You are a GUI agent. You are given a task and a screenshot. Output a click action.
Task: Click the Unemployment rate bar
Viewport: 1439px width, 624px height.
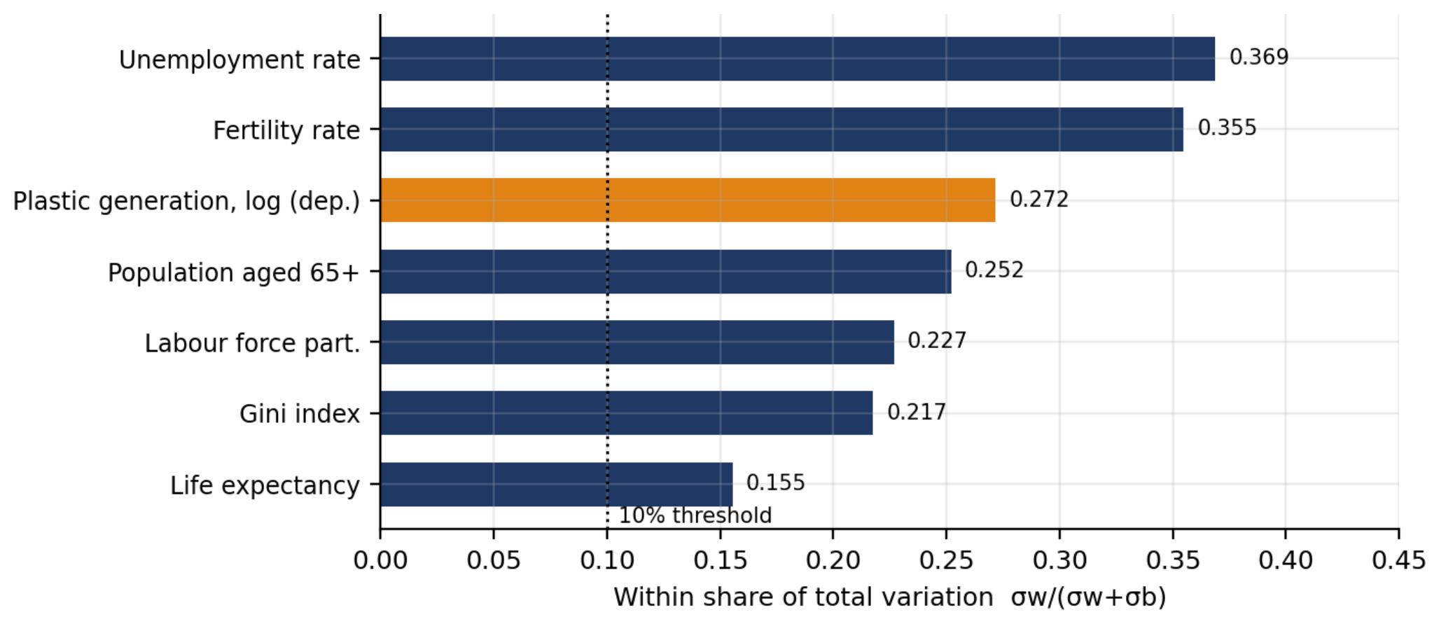[x=798, y=59]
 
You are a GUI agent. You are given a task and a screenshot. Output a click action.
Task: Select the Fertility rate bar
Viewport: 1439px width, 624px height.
[x=782, y=130]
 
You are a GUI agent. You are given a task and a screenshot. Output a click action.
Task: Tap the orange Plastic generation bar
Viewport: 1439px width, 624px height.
[x=688, y=200]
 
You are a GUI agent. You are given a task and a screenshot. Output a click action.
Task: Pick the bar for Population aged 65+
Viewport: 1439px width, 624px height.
[x=666, y=272]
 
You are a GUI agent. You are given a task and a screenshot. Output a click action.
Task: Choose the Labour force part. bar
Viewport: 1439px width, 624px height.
[x=637, y=342]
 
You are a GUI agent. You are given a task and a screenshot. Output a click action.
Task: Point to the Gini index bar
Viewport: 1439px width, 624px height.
[x=627, y=413]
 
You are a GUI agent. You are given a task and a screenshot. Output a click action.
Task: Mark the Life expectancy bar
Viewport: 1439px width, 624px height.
[x=557, y=484]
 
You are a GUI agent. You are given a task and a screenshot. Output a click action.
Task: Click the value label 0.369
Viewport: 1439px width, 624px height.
[x=1259, y=57]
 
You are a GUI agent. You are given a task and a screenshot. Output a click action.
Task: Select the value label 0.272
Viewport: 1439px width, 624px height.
[x=1039, y=199]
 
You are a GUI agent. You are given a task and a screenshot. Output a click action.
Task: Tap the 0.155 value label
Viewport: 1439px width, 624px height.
[x=776, y=483]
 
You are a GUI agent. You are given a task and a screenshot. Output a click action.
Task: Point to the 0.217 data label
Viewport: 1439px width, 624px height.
[x=917, y=412]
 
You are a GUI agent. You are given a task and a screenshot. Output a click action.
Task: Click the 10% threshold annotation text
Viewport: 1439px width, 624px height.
[x=695, y=515]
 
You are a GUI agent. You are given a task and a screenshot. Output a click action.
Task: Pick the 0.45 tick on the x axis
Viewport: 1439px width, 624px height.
[x=1398, y=560]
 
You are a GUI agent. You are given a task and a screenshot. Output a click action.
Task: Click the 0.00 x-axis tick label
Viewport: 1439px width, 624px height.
[x=380, y=560]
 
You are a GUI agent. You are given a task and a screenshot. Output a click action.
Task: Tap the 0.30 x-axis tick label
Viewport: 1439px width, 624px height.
[x=1059, y=560]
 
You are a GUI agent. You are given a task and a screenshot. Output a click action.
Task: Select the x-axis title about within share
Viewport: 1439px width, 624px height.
[x=890, y=597]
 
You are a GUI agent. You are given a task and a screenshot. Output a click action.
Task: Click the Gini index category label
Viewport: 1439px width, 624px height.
[x=300, y=414]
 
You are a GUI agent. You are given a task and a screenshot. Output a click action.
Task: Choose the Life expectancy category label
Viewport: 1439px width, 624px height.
[x=265, y=485]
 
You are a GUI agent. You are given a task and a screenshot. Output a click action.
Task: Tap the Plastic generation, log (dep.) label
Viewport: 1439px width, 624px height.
[x=187, y=201]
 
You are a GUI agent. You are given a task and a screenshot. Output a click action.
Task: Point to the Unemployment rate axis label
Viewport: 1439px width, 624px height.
[x=240, y=60]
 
